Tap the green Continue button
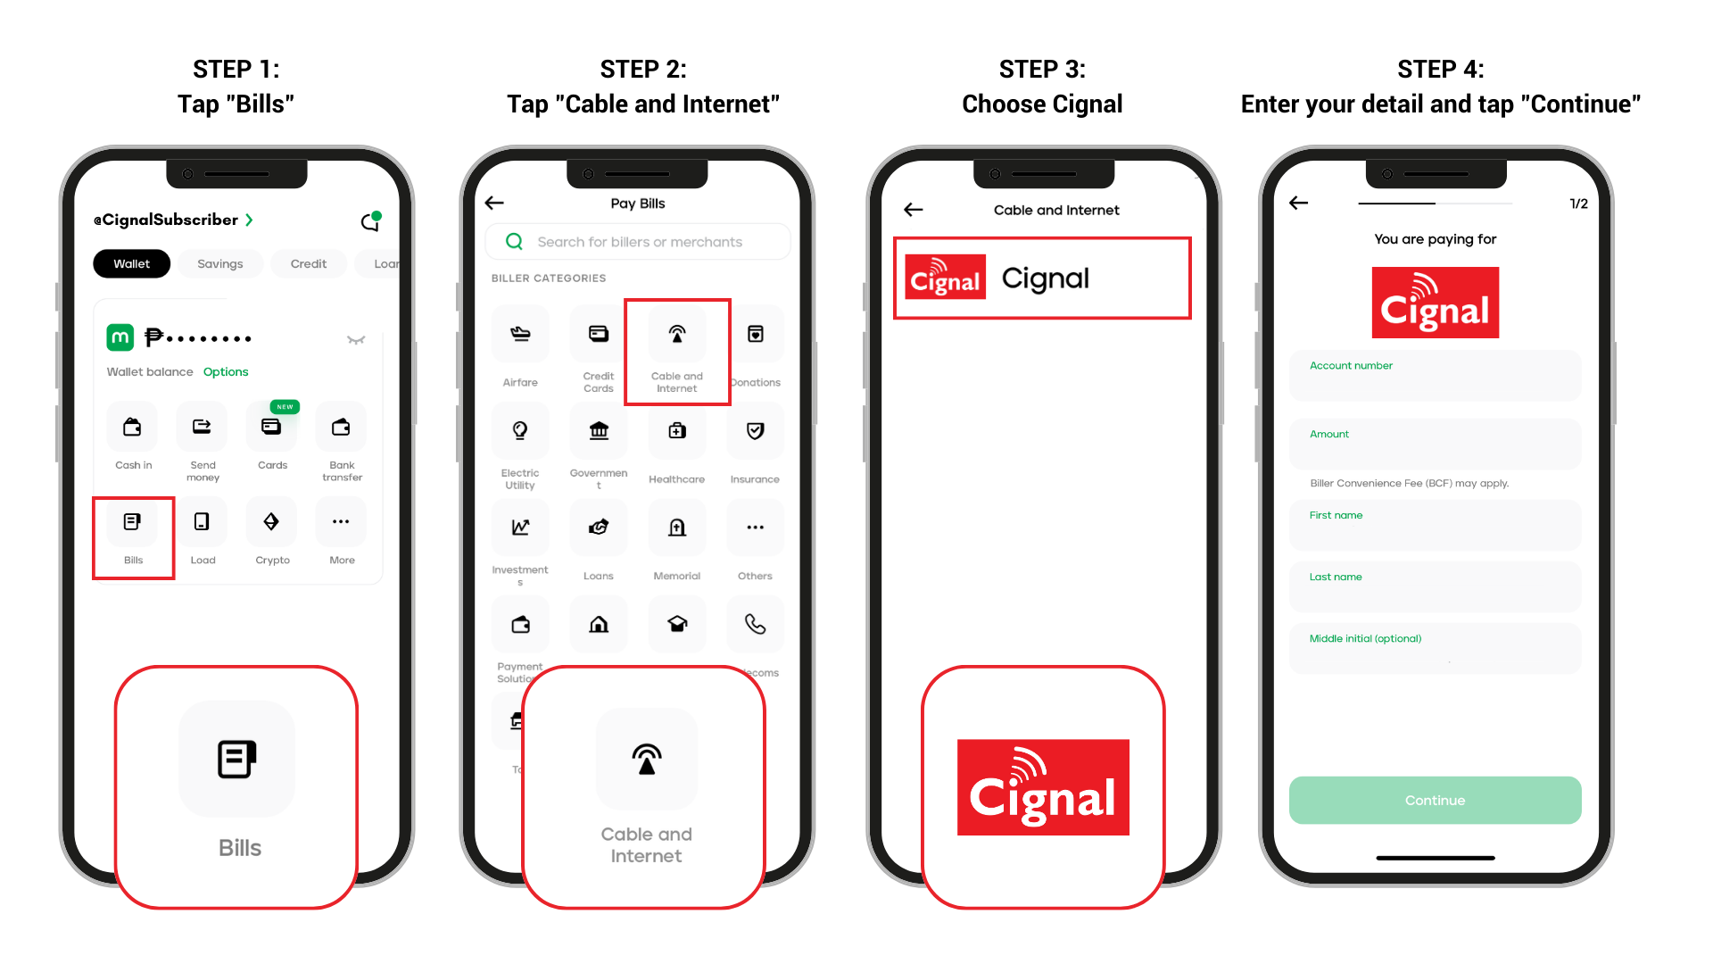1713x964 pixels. point(1435,800)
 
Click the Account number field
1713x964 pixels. point(1435,376)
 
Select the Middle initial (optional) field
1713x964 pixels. point(1435,649)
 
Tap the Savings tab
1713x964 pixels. point(219,263)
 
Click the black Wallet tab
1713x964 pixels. point(132,263)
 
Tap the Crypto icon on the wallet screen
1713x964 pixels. point(271,522)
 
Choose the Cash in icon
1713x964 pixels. point(132,428)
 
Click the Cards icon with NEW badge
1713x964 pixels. point(271,428)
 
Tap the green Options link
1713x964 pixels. point(226,372)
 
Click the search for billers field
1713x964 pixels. point(639,242)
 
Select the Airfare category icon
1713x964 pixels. point(520,335)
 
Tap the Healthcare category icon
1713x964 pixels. point(677,431)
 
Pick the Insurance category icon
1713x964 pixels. point(755,431)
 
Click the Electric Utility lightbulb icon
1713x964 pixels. point(520,431)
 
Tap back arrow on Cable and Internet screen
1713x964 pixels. point(913,210)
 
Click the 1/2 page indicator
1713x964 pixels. point(1578,204)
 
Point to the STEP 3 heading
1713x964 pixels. point(1042,69)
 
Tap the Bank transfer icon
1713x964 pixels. point(341,428)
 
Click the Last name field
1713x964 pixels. point(1435,587)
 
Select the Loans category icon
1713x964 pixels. point(599,528)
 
